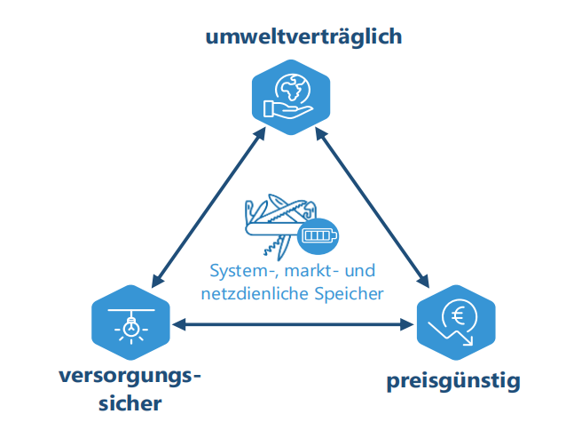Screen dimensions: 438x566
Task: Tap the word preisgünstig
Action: (452, 383)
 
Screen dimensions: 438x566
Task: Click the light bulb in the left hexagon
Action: (131, 327)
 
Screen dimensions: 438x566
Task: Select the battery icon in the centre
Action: (318, 235)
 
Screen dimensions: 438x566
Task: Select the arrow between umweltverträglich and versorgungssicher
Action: (207, 206)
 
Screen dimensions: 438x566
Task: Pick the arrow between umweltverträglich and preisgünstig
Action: (373, 206)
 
